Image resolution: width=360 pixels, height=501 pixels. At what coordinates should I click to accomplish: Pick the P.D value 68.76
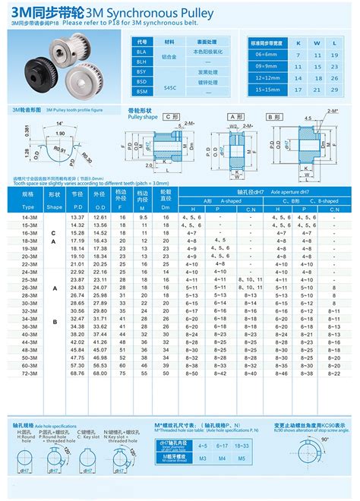[77, 373]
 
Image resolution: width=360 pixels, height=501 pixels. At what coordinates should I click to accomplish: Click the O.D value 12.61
[99, 218]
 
